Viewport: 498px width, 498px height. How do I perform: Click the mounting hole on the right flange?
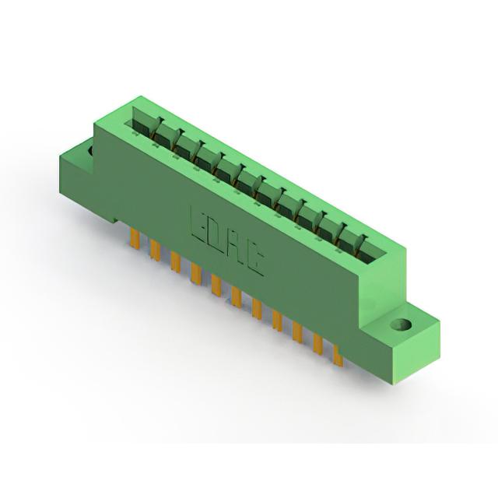pyautogui.click(x=401, y=324)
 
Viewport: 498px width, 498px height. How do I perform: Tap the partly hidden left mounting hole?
pyautogui.click(x=90, y=151)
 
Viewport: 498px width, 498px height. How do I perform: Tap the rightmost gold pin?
pyautogui.click(x=338, y=356)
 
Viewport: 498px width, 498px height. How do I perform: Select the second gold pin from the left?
pyautogui.click(x=155, y=251)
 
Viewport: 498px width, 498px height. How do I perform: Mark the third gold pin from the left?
pyautogui.click(x=175, y=261)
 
